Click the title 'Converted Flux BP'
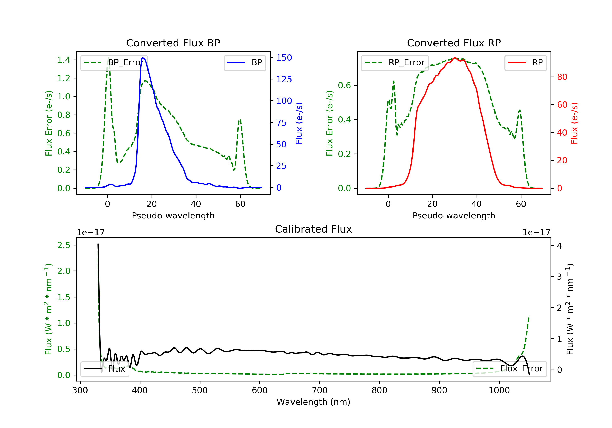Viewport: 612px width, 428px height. pos(173,43)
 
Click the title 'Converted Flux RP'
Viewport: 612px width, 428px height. pos(454,43)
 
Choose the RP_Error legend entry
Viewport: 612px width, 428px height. pos(395,63)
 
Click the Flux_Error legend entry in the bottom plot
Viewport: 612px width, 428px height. pos(509,369)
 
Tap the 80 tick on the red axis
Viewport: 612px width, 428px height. pos(562,77)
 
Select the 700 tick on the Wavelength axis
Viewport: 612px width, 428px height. pos(320,390)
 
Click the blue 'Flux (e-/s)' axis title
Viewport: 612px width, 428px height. pos(299,123)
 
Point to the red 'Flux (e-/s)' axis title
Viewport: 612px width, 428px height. pos(574,123)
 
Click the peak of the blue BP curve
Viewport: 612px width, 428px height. pos(143,58)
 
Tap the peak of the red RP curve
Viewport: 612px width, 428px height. pos(455,58)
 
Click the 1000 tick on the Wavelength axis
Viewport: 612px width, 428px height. pos(499,390)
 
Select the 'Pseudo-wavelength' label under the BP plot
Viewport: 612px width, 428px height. pos(173,215)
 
